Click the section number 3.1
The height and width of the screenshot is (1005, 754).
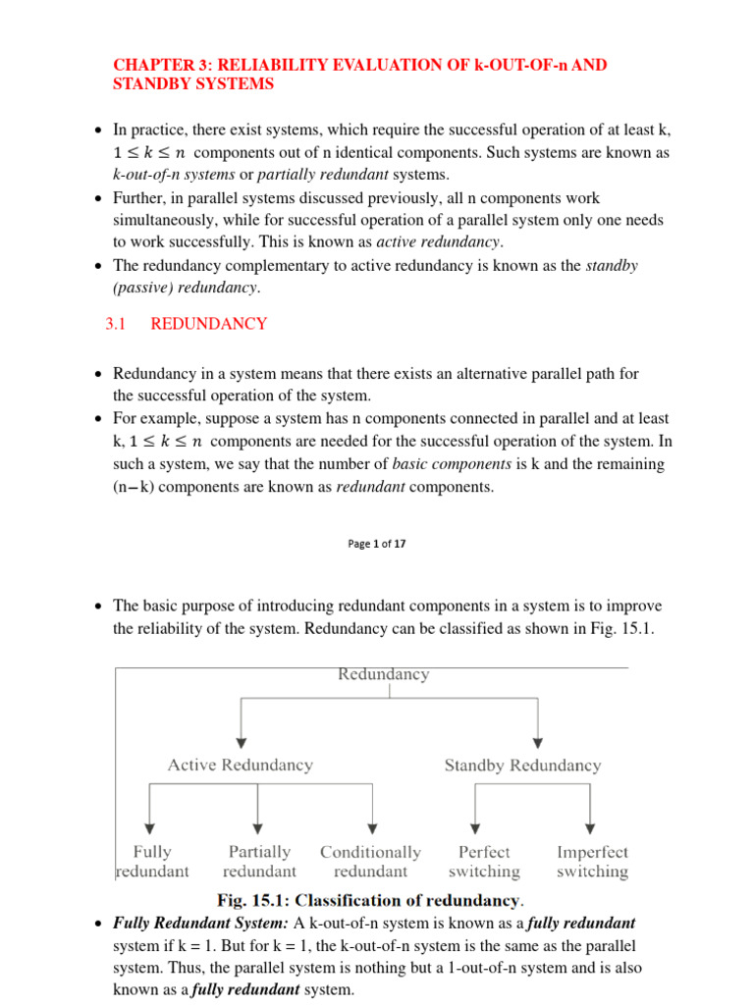click(117, 324)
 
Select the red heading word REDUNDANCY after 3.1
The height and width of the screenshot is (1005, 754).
click(208, 324)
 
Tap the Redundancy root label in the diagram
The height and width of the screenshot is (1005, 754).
click(383, 674)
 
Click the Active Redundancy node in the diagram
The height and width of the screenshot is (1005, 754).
click(241, 765)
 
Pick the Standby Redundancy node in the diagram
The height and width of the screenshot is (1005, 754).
click(522, 765)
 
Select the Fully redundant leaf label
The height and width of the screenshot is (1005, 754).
click(152, 862)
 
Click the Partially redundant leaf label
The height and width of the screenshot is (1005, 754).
click(259, 862)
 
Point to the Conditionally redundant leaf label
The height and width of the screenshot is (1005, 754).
click(370, 862)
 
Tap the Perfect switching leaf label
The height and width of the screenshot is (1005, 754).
click(484, 862)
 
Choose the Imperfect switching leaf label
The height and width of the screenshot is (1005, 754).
click(592, 862)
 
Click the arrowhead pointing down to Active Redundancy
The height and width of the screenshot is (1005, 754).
click(241, 740)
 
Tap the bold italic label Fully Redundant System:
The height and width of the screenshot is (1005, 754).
click(201, 924)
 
